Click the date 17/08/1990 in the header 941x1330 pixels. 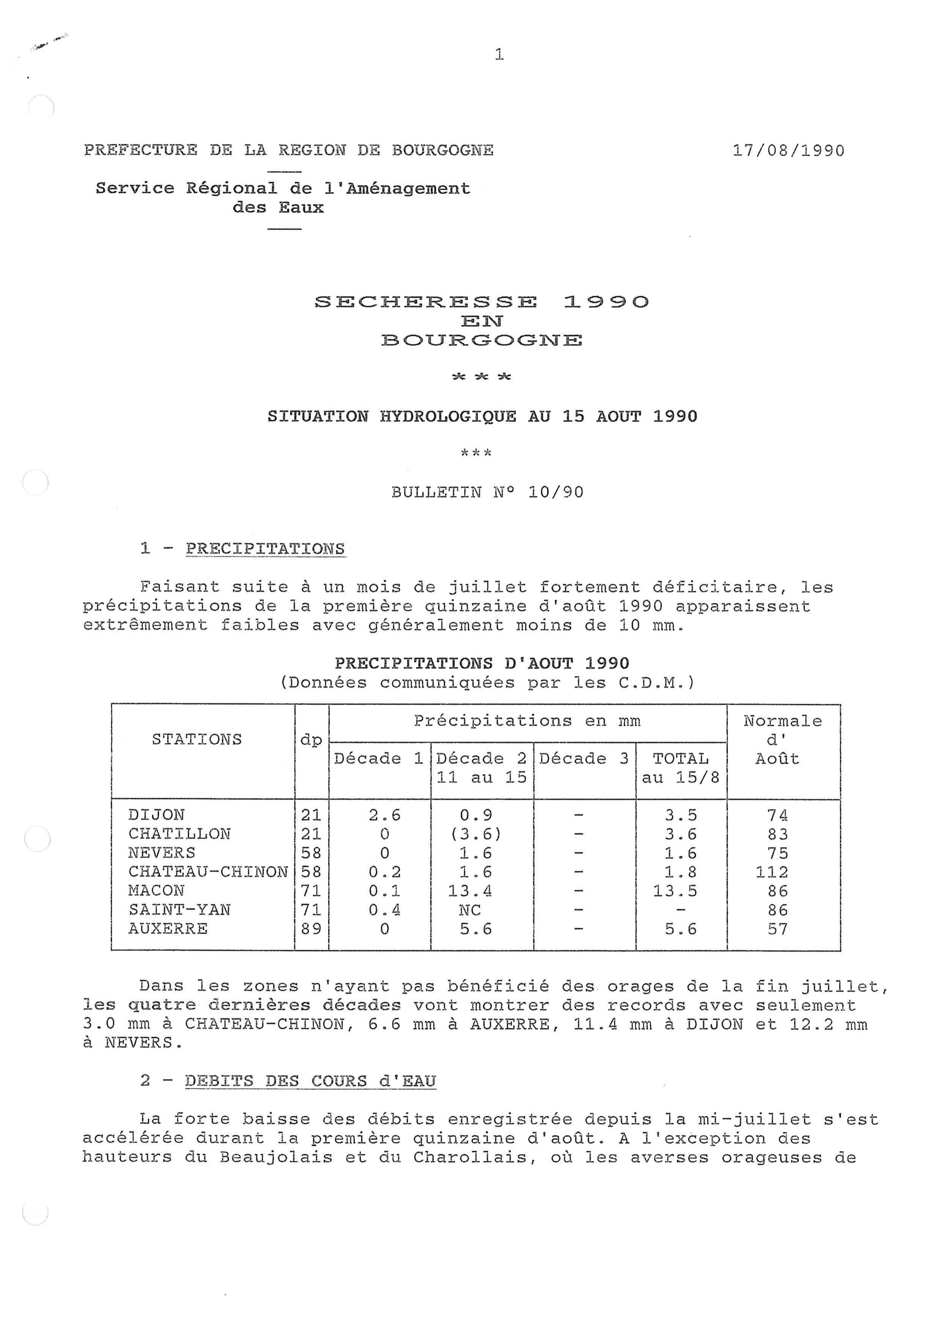[788, 151]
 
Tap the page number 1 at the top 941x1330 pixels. [499, 55]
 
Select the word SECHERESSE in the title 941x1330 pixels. [426, 302]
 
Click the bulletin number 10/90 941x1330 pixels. [555, 492]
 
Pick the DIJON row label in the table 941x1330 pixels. [156, 815]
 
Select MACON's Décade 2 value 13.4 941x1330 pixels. [469, 891]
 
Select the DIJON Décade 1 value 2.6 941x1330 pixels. [385, 815]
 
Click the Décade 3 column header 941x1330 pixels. [584, 758]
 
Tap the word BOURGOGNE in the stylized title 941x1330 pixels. [482, 340]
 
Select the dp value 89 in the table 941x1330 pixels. [311, 928]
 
